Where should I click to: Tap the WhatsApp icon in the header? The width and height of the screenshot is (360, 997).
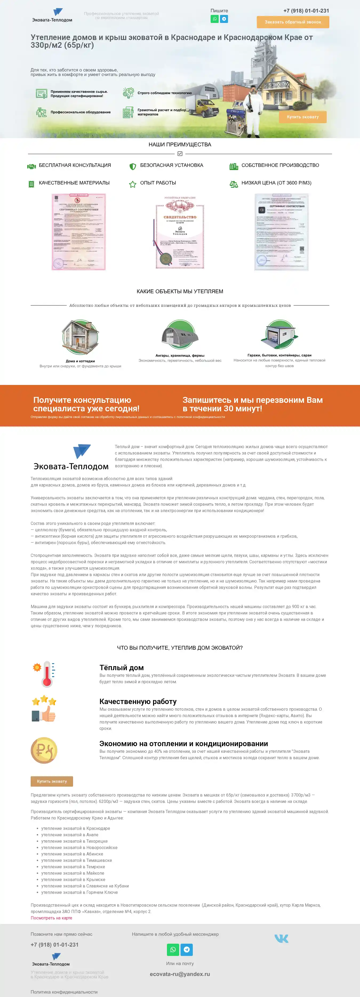(x=214, y=19)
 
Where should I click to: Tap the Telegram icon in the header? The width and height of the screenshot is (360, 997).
(x=224, y=19)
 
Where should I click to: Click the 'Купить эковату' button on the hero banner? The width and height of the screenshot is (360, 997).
(x=302, y=117)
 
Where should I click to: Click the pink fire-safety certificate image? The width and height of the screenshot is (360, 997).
(x=79, y=232)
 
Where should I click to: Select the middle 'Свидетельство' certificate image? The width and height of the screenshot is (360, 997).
(x=180, y=232)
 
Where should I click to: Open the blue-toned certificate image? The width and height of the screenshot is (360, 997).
(x=281, y=232)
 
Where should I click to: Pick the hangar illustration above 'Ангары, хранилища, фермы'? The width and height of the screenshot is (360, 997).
(x=180, y=335)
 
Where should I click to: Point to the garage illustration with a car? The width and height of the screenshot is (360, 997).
(x=279, y=335)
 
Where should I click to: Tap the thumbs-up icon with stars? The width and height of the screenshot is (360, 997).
(x=44, y=709)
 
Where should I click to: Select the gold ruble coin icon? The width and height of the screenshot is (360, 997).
(x=44, y=750)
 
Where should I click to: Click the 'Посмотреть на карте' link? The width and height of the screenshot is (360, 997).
(x=51, y=918)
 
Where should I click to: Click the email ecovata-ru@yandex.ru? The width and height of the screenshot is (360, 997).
(x=180, y=974)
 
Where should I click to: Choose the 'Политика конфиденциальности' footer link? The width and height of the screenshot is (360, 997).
(x=64, y=992)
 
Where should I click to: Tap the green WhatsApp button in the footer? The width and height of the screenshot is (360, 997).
(x=173, y=949)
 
